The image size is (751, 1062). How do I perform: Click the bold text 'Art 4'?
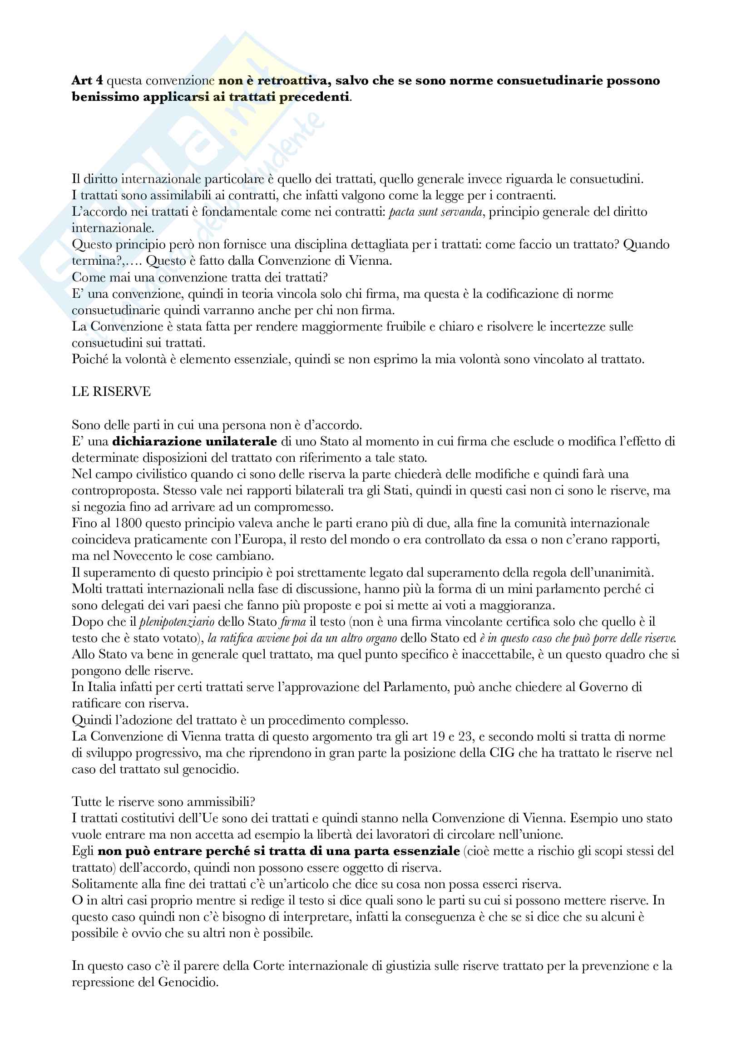pyautogui.click(x=87, y=80)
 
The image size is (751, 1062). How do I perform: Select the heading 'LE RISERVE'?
pyautogui.click(x=111, y=392)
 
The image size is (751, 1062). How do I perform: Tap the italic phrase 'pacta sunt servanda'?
pyautogui.click(x=436, y=212)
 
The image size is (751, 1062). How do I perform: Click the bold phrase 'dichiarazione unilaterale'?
pyautogui.click(x=194, y=441)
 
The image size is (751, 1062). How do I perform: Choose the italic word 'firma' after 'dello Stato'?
pyautogui.click(x=294, y=622)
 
